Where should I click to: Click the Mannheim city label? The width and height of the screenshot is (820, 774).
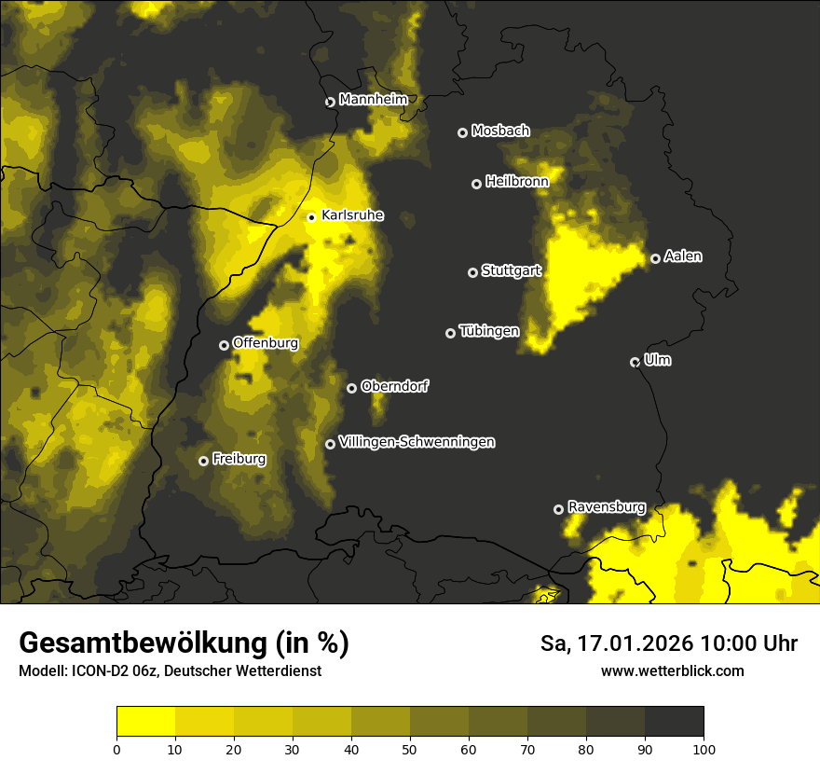[373, 99]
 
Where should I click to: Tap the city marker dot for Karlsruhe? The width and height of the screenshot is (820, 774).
[312, 217]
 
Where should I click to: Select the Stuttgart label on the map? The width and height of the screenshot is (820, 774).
[512, 270]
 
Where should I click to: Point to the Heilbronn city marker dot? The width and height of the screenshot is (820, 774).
[476, 184]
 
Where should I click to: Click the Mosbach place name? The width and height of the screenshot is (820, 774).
[500, 131]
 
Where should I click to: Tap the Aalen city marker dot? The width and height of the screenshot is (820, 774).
[655, 258]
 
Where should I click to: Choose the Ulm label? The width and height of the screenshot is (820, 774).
[657, 360]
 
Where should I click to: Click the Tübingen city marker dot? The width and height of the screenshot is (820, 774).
[451, 333]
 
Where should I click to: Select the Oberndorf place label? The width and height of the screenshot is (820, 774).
[394, 386]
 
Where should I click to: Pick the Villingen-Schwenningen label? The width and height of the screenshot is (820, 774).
[417, 442]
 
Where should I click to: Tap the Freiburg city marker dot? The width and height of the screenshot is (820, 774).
[203, 461]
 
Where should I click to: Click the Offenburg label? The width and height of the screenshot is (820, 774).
[266, 343]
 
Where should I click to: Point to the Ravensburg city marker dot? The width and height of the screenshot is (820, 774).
[559, 509]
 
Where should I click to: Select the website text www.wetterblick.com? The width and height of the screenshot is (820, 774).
[672, 671]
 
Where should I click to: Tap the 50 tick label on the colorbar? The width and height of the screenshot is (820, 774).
[410, 749]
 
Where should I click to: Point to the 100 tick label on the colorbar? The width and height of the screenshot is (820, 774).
[704, 749]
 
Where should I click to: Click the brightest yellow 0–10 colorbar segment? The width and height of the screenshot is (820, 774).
[145, 721]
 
